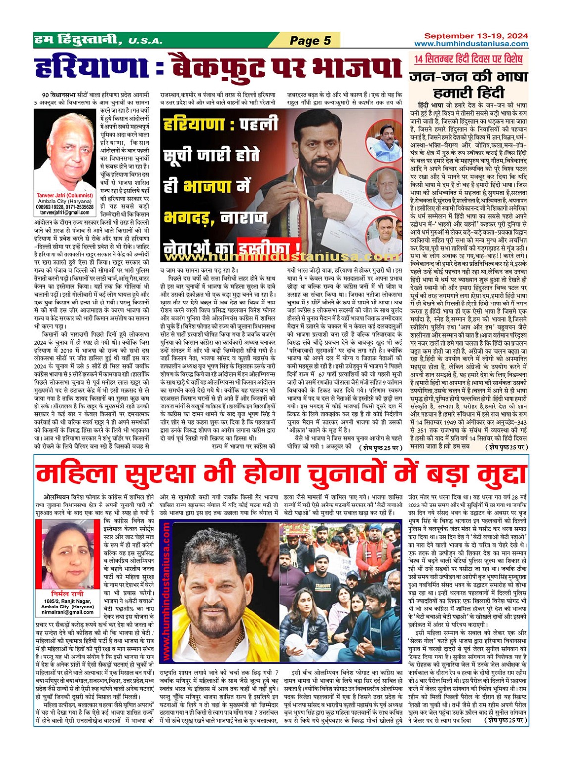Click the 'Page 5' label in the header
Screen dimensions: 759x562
[310, 40]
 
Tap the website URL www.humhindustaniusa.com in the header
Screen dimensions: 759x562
[471, 44]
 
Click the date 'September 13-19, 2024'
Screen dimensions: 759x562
[476, 36]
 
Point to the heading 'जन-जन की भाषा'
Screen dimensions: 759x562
[468, 77]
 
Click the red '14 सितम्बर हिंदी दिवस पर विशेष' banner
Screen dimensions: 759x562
[468, 59]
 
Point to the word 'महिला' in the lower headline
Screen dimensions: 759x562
[79, 475]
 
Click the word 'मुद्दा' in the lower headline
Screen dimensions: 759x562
[491, 475]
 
